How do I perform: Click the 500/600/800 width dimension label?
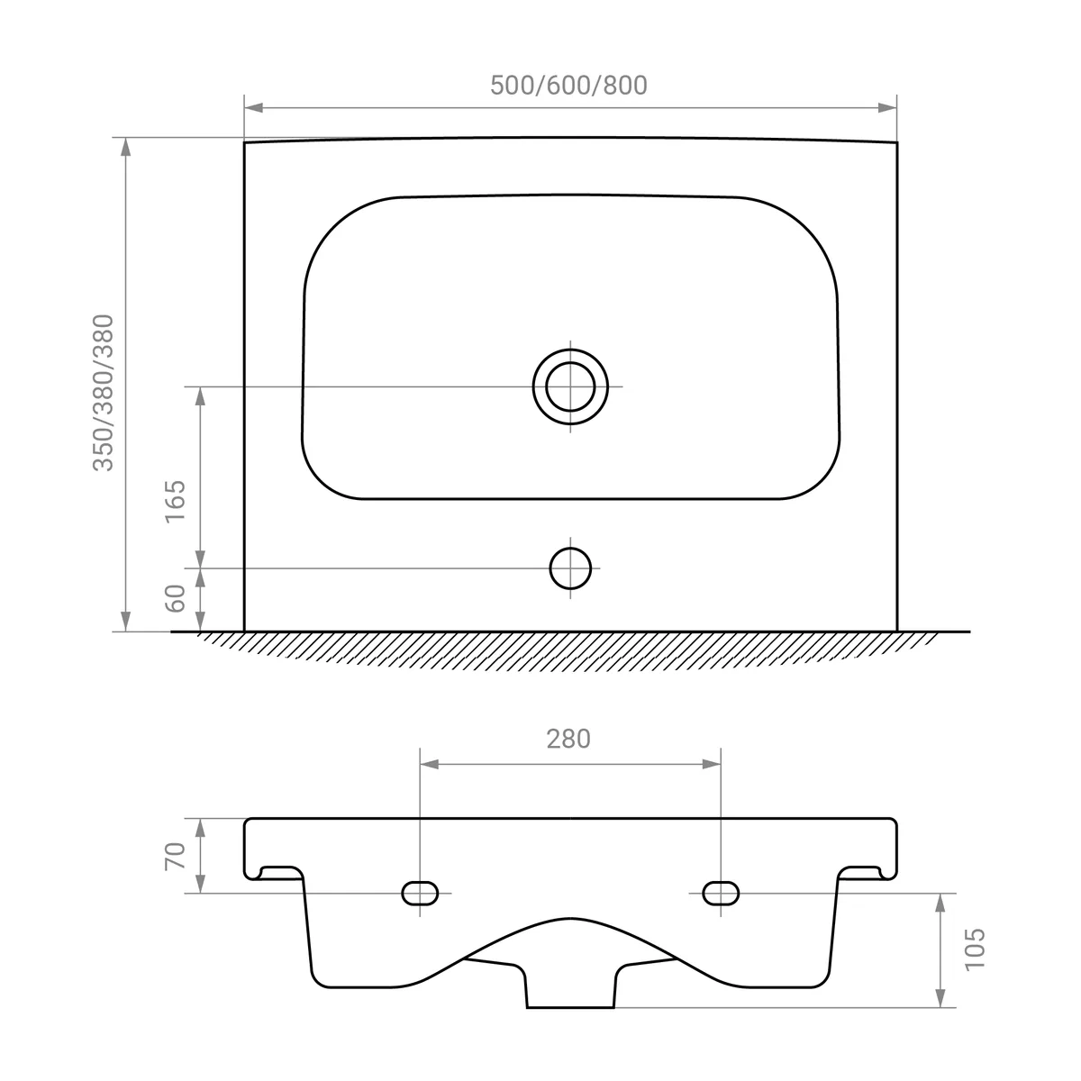tap(568, 86)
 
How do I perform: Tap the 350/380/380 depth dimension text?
tap(104, 393)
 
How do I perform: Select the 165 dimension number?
tap(175, 502)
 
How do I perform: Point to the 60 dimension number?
tap(175, 598)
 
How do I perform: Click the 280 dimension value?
tap(568, 740)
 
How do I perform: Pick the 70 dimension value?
tap(175, 856)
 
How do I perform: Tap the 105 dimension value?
tap(975, 949)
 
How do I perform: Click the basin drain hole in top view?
tap(570, 386)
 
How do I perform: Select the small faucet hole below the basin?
tap(570, 568)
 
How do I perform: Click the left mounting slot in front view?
tap(420, 893)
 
